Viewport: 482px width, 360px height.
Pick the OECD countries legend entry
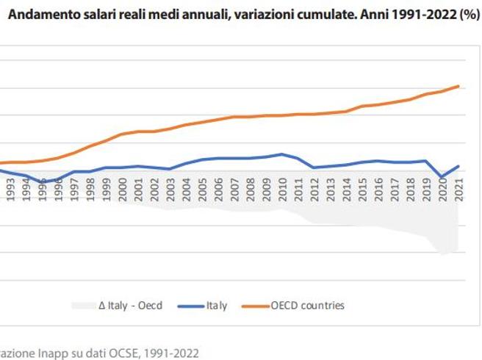307,305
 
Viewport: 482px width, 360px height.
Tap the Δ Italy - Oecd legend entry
130,305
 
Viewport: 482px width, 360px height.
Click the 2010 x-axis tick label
282,190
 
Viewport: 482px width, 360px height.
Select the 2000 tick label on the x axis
122,190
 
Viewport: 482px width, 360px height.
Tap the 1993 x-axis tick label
10,190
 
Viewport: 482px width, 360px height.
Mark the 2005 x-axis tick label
202,190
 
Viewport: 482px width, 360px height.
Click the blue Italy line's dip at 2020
442,177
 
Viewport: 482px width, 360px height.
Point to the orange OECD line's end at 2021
458,86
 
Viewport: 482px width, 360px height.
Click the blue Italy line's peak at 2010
282,154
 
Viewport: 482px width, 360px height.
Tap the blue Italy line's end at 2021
458,166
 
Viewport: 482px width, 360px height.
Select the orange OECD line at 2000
122,134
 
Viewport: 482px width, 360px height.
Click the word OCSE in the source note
120,353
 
